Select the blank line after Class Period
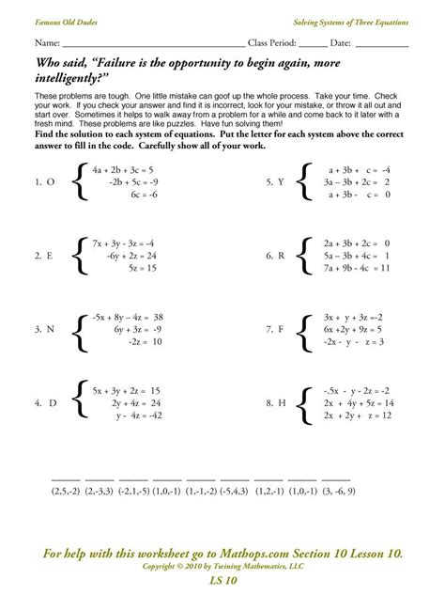tap(314, 44)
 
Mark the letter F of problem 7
tap(281, 329)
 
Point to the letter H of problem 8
tap(281, 402)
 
